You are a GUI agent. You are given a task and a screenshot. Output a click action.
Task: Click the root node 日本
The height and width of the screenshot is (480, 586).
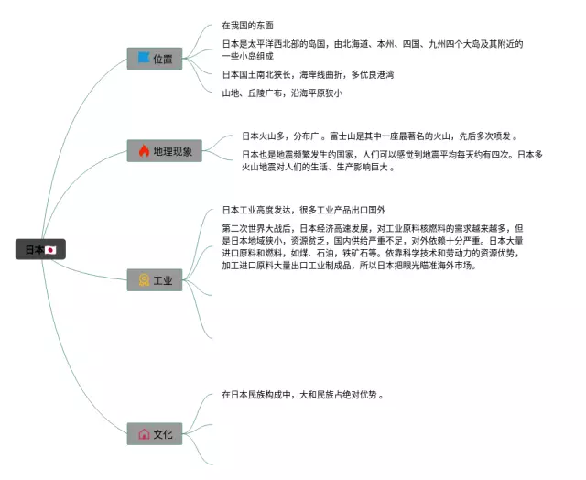tap(39, 249)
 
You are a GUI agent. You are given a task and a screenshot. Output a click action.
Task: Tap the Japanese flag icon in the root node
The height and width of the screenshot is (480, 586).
tap(51, 249)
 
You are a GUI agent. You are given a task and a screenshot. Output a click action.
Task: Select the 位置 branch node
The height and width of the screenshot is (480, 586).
tap(154, 59)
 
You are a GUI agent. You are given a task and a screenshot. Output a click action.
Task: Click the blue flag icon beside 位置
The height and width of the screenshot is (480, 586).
tap(143, 59)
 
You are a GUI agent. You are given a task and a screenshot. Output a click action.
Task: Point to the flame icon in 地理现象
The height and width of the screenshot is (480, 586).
tap(144, 150)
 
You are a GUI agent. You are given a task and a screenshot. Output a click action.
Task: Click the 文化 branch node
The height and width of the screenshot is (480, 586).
tap(154, 434)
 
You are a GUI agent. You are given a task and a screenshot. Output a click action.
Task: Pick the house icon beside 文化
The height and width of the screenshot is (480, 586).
tap(144, 434)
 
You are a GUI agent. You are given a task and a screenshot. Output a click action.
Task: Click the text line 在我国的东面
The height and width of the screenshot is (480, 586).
tap(247, 26)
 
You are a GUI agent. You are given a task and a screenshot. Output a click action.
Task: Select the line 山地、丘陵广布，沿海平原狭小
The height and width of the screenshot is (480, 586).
tap(282, 93)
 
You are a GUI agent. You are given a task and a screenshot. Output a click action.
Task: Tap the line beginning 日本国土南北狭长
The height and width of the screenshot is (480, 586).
tap(308, 74)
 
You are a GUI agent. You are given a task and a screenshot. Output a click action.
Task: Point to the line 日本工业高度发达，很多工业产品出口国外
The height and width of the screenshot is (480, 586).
tap(310, 210)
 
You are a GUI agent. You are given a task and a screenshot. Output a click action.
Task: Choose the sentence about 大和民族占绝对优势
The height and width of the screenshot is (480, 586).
tap(301, 395)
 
